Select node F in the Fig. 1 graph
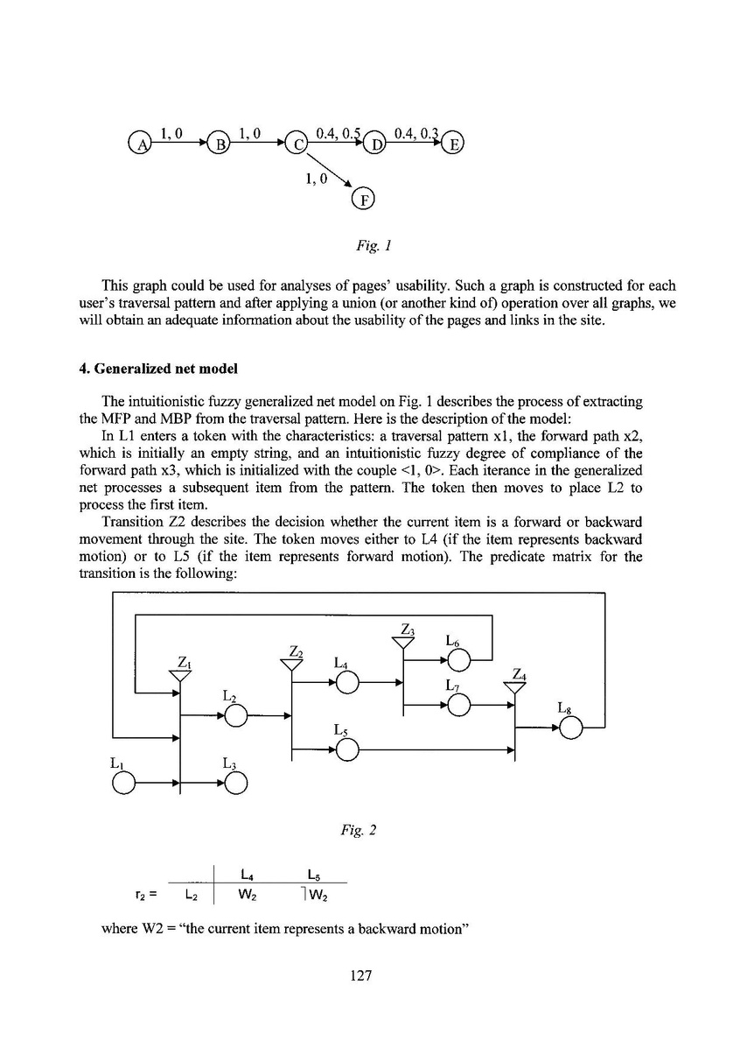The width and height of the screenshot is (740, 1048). tap(362, 200)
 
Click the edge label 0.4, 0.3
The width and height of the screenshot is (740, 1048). tap(415, 133)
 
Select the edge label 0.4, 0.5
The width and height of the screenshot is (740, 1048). tap(339, 133)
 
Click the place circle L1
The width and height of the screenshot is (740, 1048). tap(123, 783)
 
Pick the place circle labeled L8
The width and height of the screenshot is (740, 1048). tap(571, 728)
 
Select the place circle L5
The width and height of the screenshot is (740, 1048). tap(347, 749)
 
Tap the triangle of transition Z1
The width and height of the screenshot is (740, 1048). tap(179, 675)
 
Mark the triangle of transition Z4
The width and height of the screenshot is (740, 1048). tap(515, 686)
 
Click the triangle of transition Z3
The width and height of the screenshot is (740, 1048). tap(402, 642)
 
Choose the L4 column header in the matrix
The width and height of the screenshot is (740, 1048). tap(246, 873)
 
